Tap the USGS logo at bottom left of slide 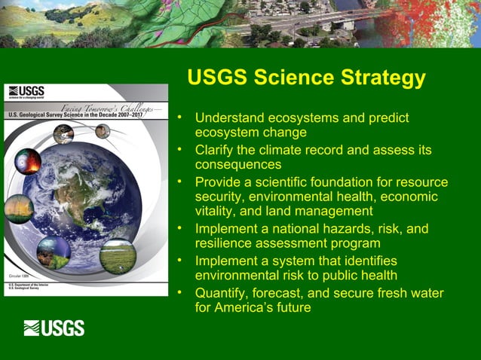[x=54, y=328]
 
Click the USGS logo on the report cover [x=26, y=92]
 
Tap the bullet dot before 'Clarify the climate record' [x=179, y=150]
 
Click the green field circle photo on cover [x=118, y=256]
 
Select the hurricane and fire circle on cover [x=28, y=161]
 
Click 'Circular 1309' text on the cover [x=18, y=278]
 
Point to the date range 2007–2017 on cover [x=137, y=114]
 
